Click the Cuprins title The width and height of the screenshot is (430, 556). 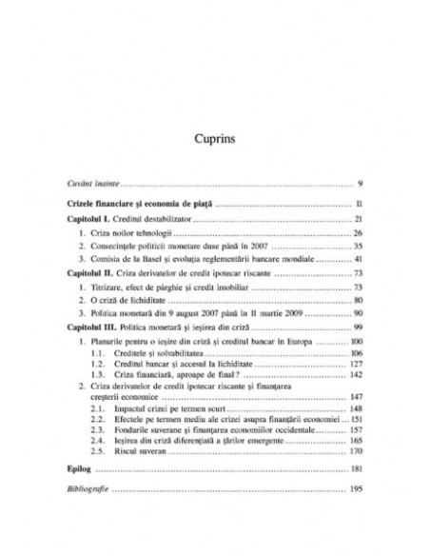[214, 139]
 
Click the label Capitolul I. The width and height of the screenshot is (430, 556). [92, 218]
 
